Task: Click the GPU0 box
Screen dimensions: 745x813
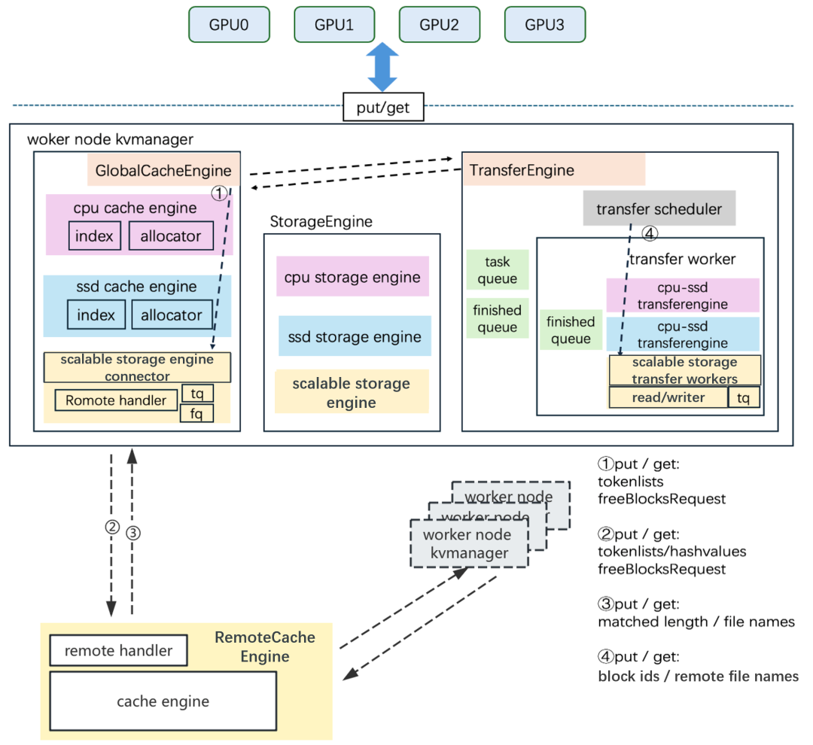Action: click(x=228, y=24)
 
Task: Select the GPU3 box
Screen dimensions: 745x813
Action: click(x=544, y=24)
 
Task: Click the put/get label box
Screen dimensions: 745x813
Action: click(x=383, y=108)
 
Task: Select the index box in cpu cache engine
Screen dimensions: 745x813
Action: click(x=95, y=236)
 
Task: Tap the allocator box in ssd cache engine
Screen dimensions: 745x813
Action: click(x=171, y=315)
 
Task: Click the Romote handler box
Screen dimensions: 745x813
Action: click(x=116, y=400)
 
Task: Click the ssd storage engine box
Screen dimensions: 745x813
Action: click(x=355, y=336)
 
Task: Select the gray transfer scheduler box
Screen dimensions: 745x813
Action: click(x=659, y=208)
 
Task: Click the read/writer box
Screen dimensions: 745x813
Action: click(x=668, y=397)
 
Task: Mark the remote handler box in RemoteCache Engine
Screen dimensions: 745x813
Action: click(x=118, y=651)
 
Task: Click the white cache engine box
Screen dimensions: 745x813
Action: click(x=163, y=701)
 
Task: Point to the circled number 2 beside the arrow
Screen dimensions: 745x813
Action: click(x=111, y=528)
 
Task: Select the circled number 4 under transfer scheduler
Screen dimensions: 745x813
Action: click(x=650, y=234)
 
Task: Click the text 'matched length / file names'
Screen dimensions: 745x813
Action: click(x=696, y=622)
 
